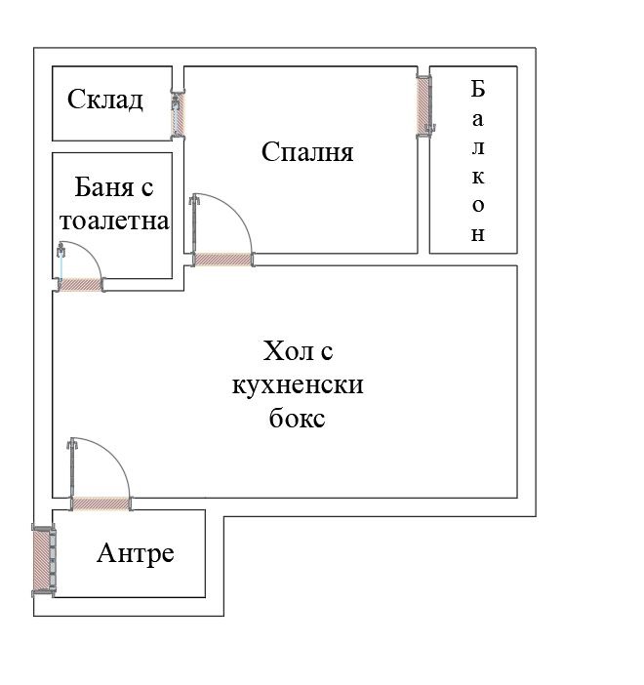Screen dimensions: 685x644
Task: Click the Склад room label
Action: [105, 100]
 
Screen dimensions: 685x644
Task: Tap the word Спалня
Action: [307, 152]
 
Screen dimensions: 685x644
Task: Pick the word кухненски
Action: [298, 384]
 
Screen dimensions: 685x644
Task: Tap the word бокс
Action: [296, 419]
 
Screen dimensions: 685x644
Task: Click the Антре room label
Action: [136, 554]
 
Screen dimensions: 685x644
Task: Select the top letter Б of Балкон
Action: [478, 89]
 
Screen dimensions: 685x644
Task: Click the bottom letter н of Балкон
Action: [478, 235]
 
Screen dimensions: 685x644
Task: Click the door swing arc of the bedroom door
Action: [238, 213]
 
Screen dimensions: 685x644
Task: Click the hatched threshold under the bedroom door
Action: [223, 259]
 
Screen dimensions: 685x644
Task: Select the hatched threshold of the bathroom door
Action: [81, 285]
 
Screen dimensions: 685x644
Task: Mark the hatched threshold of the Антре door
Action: [101, 504]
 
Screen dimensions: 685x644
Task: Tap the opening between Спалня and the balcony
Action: [423, 104]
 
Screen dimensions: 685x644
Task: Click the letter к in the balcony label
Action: [478, 176]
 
